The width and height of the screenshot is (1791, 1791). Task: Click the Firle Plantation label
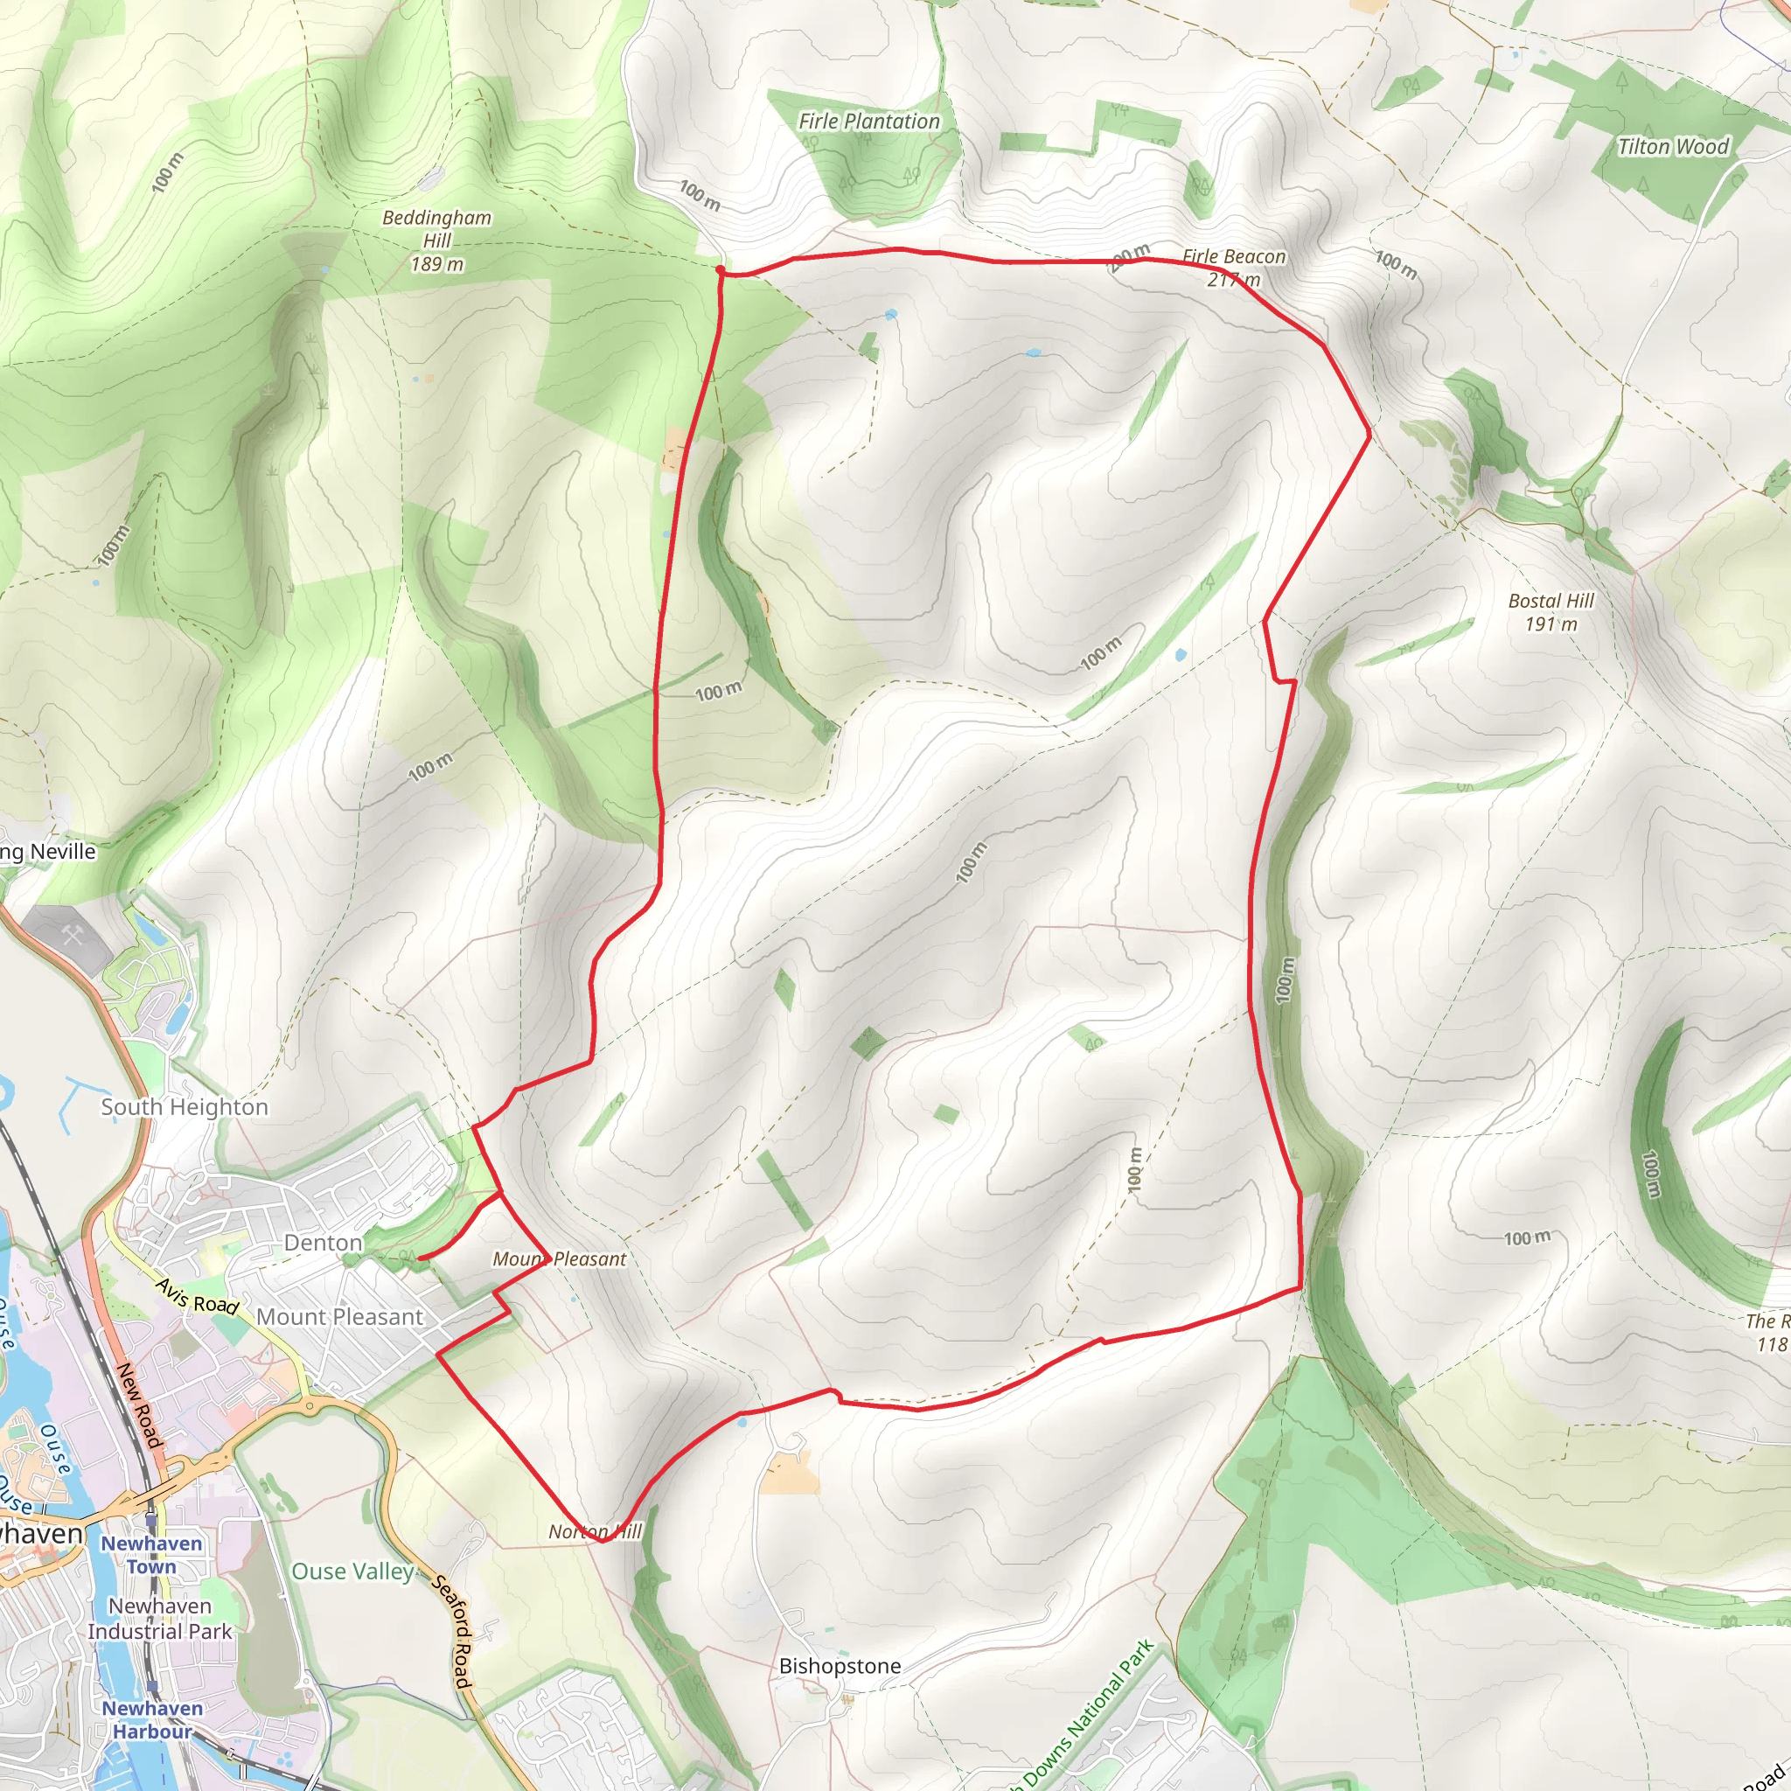pyautogui.click(x=868, y=122)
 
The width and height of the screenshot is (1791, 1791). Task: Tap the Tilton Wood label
pyautogui.click(x=1672, y=146)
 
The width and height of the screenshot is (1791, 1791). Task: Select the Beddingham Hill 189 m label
pyautogui.click(x=436, y=241)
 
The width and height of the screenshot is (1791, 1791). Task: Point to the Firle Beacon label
pyautogui.click(x=1234, y=257)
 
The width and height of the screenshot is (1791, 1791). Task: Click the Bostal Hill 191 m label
pyautogui.click(x=1551, y=612)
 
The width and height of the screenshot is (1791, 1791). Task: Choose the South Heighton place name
pyautogui.click(x=185, y=1107)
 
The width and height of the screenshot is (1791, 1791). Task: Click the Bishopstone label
pyautogui.click(x=839, y=1666)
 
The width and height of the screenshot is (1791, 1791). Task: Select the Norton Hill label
pyautogui.click(x=594, y=1531)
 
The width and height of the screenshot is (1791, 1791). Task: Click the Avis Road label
pyautogui.click(x=197, y=1296)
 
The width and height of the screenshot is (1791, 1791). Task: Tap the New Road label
pyautogui.click(x=139, y=1405)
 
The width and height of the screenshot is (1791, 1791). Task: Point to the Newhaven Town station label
pyautogui.click(x=151, y=1555)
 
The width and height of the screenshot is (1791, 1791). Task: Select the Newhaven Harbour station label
pyautogui.click(x=152, y=1718)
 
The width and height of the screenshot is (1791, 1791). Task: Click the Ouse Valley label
pyautogui.click(x=352, y=1571)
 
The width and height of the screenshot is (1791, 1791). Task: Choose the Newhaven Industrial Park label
pyautogui.click(x=159, y=1619)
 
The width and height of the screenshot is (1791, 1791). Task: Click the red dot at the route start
pyautogui.click(x=721, y=269)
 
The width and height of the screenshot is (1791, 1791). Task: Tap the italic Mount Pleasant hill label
pyautogui.click(x=559, y=1259)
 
